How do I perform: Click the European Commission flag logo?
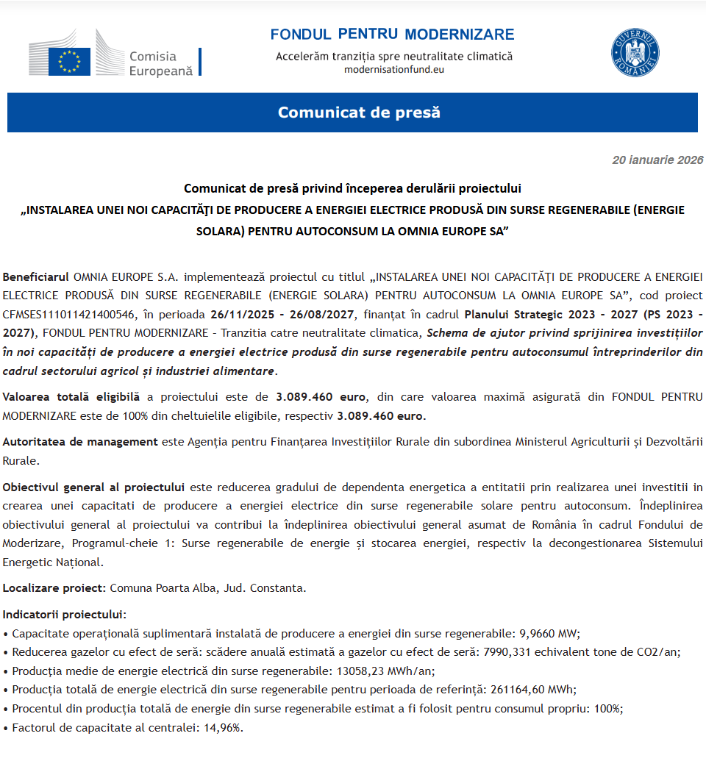(70, 61)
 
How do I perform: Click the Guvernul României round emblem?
(635, 53)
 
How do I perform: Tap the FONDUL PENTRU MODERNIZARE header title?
(392, 35)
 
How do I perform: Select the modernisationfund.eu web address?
(394, 70)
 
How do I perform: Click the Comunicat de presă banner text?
(359, 112)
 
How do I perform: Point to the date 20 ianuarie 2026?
(657, 160)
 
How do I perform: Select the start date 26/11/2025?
(240, 315)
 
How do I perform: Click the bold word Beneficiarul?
(36, 276)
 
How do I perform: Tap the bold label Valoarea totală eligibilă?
(71, 397)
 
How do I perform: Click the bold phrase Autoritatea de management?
(80, 442)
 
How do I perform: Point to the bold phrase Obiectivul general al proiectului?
(93, 487)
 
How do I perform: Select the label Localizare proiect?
(55, 588)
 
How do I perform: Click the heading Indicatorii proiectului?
(64, 614)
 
